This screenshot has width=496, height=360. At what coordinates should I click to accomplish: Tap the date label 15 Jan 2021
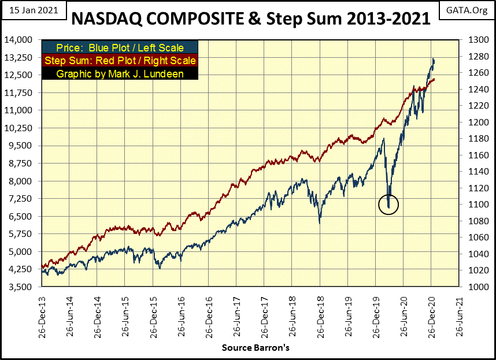tap(34, 10)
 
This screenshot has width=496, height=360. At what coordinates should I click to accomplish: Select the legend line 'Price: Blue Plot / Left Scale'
tap(120, 47)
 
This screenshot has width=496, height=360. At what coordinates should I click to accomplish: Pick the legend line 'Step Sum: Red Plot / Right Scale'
tap(120, 60)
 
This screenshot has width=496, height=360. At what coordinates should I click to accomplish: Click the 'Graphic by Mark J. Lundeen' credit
tap(120, 73)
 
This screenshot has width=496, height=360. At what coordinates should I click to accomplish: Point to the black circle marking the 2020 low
tap(388, 204)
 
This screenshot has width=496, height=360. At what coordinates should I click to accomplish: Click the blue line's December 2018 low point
tap(319, 223)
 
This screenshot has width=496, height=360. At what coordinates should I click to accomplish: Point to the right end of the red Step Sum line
tap(435, 79)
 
